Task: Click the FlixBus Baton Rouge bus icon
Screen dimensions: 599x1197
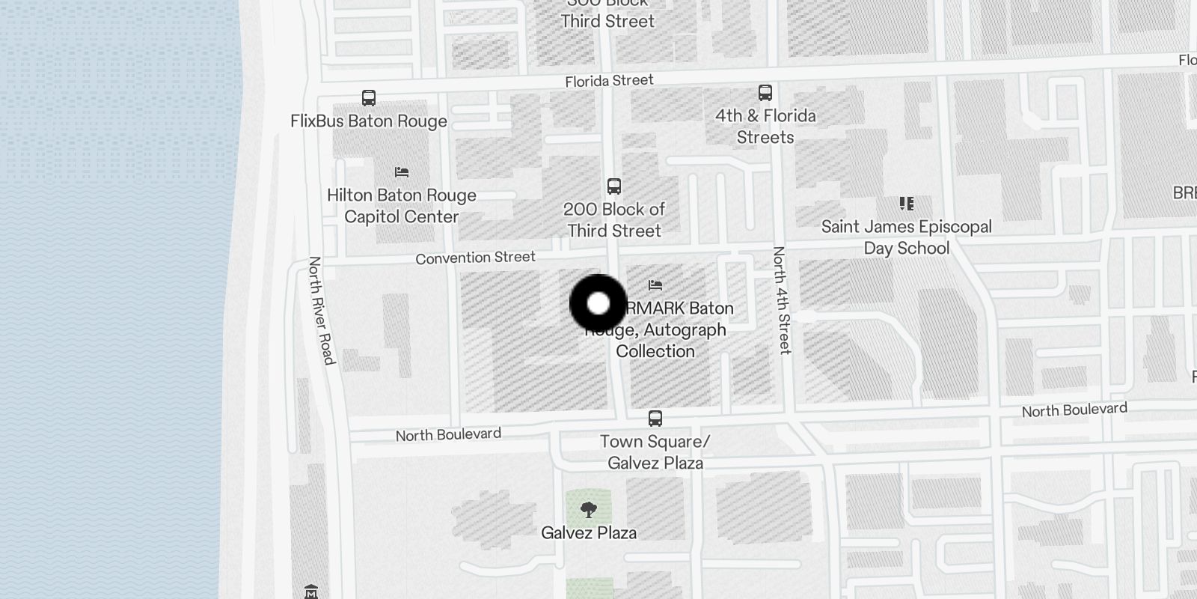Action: (x=369, y=97)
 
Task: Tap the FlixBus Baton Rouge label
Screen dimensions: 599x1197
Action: (x=369, y=121)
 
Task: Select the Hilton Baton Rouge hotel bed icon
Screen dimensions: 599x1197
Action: (x=402, y=172)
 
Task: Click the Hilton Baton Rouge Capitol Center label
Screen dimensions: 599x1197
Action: (x=402, y=206)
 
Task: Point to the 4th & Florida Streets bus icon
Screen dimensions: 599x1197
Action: (x=765, y=93)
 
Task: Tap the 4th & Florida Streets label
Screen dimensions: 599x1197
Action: (x=765, y=127)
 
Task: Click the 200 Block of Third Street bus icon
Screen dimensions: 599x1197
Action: (x=614, y=186)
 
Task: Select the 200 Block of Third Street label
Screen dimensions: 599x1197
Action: (x=614, y=220)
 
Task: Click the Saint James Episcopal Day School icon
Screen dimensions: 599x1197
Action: (x=907, y=204)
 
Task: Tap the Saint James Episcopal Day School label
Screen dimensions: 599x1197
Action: (x=907, y=237)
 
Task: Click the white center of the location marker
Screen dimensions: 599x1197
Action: (x=598, y=303)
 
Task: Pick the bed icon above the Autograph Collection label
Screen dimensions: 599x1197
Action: (x=655, y=285)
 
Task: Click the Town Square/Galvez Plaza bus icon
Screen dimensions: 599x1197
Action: (x=655, y=418)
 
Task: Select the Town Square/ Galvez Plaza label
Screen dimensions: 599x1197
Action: (x=655, y=452)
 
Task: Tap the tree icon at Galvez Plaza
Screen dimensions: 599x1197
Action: (x=589, y=510)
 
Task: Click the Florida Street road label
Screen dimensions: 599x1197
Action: (x=609, y=81)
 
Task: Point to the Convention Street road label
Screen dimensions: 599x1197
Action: (x=476, y=258)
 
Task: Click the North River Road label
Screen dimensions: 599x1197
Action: (x=321, y=311)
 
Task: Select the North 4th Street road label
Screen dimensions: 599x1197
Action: (x=781, y=299)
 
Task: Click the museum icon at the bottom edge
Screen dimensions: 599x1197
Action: (x=312, y=592)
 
